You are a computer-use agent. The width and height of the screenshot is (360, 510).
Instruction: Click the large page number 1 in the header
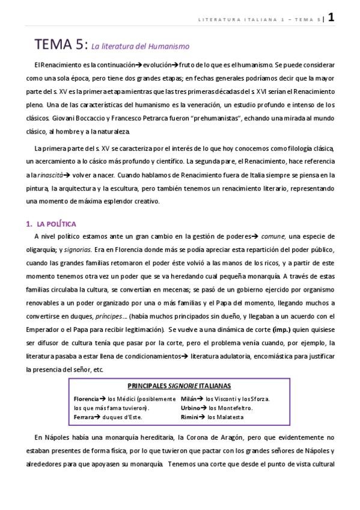pyautogui.click(x=331, y=17)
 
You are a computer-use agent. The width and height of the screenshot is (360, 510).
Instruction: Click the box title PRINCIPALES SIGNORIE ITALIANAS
pyautogui.click(x=180, y=386)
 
